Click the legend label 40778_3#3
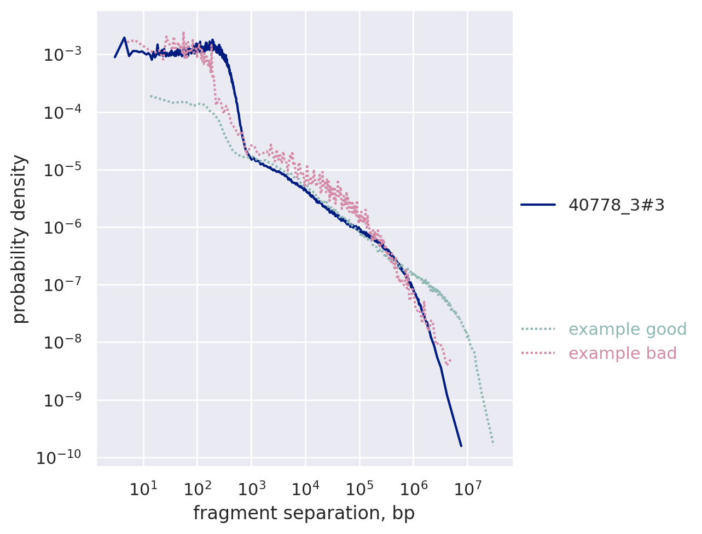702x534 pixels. tap(616, 205)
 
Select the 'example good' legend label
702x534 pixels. tap(627, 329)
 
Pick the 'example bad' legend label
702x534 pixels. tap(622, 353)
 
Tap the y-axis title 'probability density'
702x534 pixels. tap(20, 239)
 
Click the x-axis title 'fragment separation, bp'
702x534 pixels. tap(304, 513)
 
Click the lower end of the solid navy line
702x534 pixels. tap(461, 446)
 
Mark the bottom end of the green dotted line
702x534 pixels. tap(494, 445)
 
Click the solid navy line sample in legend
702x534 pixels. tap(538, 205)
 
